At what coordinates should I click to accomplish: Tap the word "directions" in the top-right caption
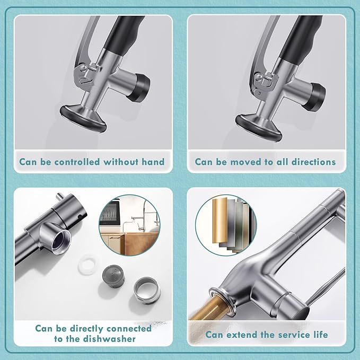click(x=311, y=162)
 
